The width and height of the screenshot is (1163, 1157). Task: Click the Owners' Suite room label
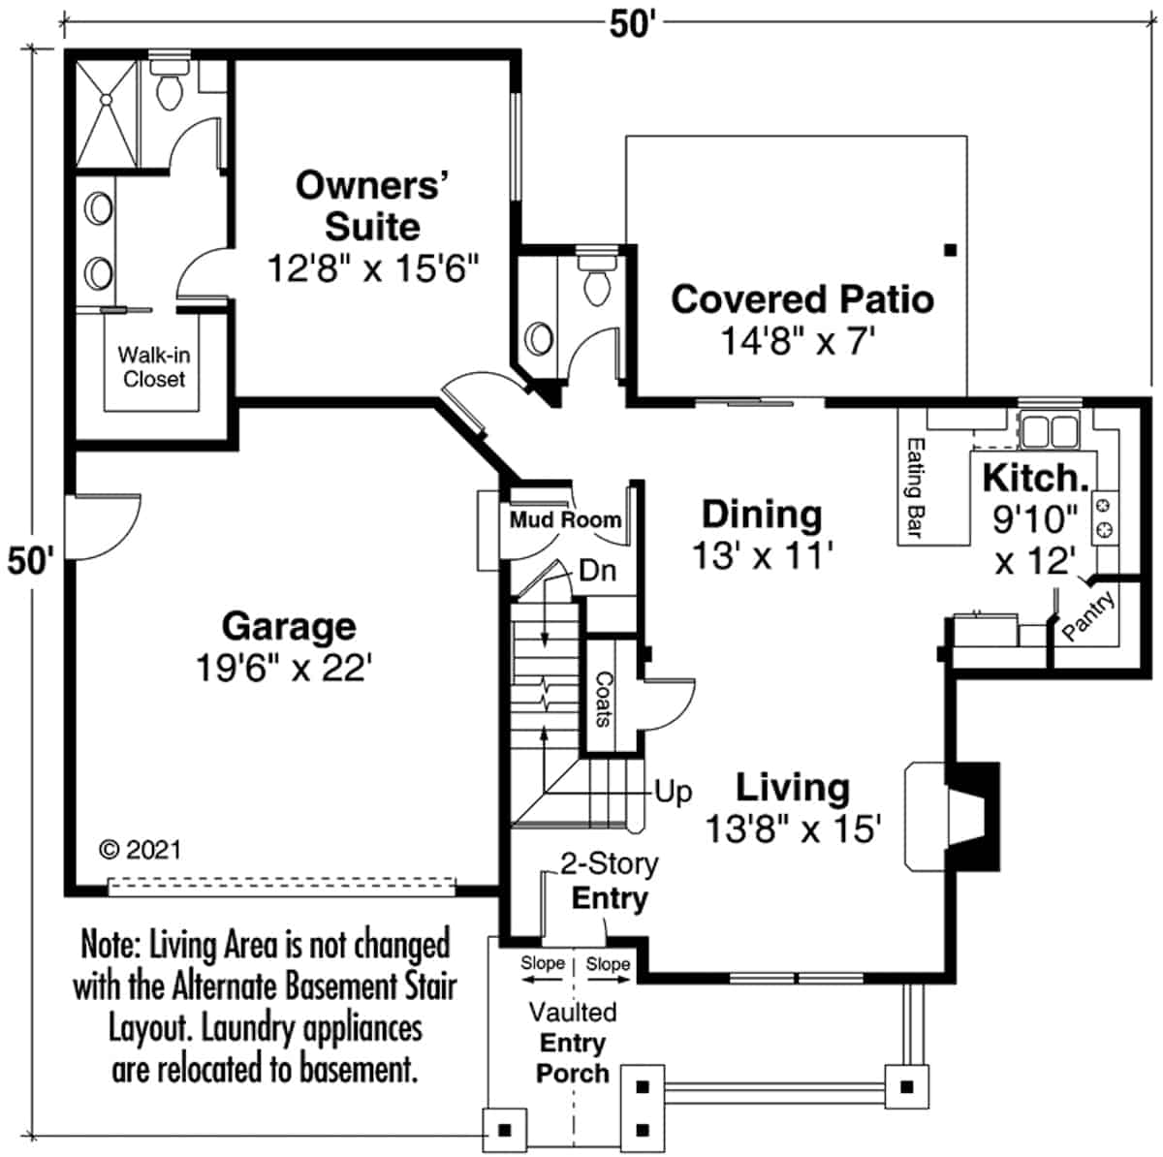[372, 205]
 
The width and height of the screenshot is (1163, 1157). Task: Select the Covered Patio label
[802, 298]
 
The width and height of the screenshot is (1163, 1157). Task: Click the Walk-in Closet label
[153, 367]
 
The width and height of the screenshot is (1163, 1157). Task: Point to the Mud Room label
[565, 520]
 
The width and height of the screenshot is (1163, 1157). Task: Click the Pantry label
[1087, 617]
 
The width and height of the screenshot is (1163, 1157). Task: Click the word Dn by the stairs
[597, 571]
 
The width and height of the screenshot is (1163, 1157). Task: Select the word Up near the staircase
[673, 792]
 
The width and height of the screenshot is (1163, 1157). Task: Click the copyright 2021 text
[141, 850]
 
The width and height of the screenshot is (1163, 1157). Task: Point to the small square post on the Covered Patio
[950, 250]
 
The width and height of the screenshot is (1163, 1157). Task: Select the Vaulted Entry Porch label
[573, 1043]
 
